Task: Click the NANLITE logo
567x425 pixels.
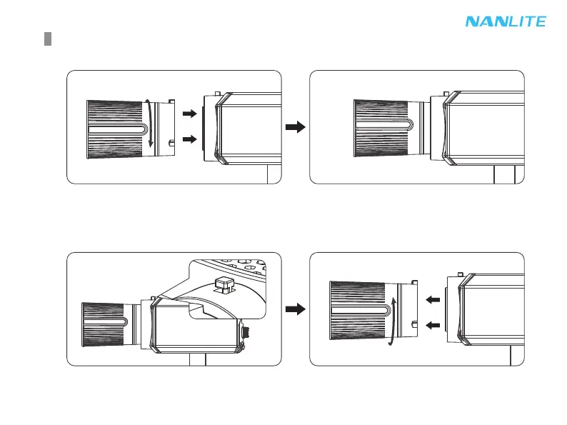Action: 506,21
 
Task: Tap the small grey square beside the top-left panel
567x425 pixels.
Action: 47,38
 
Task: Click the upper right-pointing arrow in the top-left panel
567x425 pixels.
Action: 189,113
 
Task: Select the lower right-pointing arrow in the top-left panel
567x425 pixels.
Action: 189,140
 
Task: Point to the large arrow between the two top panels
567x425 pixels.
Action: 295,127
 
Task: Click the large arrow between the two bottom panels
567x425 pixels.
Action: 295,309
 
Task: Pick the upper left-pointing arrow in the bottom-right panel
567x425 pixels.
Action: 433,300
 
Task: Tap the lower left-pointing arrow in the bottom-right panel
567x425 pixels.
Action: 433,326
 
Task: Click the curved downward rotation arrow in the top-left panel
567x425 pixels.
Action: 149,124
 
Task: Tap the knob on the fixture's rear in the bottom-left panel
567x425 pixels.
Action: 246,332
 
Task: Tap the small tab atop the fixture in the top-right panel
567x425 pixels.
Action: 446,93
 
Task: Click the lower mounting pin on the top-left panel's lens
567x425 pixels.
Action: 172,144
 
